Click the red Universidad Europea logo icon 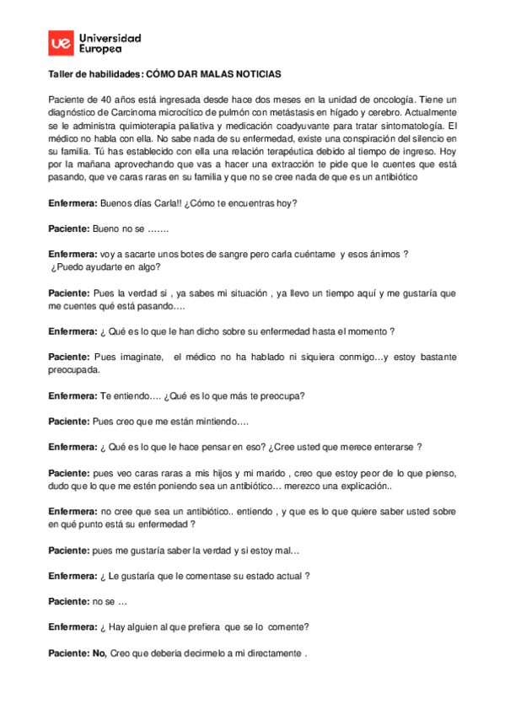(60, 44)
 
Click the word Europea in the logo (98, 50)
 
